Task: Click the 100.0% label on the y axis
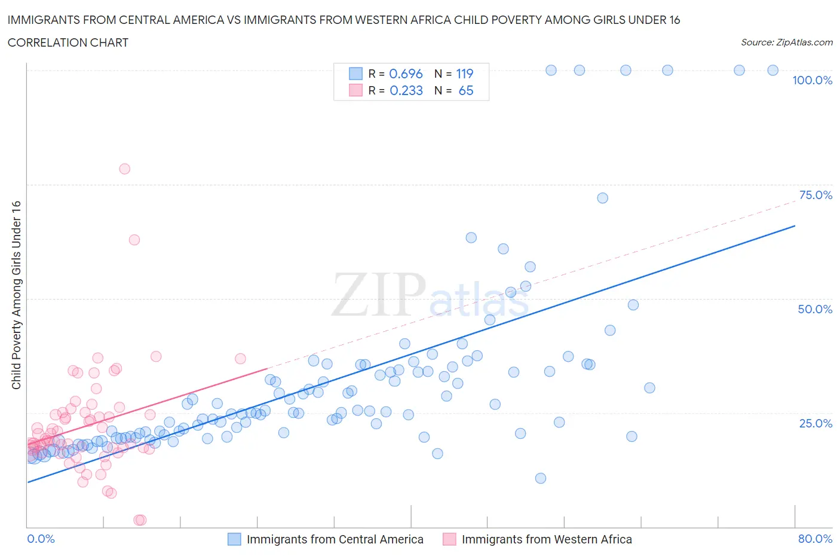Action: click(x=812, y=80)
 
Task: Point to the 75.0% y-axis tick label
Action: click(x=816, y=195)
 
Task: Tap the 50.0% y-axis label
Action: click(x=815, y=309)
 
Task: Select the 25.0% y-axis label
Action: click(x=816, y=423)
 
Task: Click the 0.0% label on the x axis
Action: click(x=41, y=539)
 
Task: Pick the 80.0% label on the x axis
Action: click(x=815, y=539)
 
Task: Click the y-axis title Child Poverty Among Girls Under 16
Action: click(x=16, y=295)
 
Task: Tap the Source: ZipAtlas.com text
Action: click(x=786, y=42)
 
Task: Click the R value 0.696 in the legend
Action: click(x=406, y=74)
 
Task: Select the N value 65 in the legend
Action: click(x=465, y=90)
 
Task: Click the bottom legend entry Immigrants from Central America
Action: click(x=335, y=539)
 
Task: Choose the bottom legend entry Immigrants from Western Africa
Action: click(x=546, y=539)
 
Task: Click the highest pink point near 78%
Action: click(x=124, y=169)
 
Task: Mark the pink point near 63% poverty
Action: click(x=134, y=240)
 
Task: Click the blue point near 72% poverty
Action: click(x=602, y=198)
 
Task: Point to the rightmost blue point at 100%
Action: click(x=772, y=70)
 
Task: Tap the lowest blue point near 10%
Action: click(x=541, y=478)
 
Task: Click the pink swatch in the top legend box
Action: click(x=355, y=90)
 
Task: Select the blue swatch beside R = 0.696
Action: click(x=355, y=74)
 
